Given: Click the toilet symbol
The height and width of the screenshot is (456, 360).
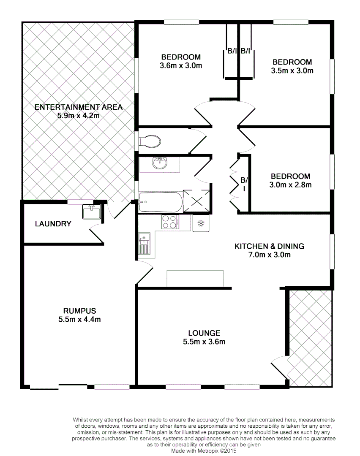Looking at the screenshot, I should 150,141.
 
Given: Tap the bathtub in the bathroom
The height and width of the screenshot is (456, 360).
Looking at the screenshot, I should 161,202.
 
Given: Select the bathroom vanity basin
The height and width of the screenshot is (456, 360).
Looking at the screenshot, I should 160,163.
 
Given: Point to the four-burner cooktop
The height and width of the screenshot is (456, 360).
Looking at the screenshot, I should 170,222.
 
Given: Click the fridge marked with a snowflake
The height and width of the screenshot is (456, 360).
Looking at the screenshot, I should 201,223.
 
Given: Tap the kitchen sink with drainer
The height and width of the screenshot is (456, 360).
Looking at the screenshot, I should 144,244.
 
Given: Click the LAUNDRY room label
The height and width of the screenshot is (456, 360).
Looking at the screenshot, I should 53,224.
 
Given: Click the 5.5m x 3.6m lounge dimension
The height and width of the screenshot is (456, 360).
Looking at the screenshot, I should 204,342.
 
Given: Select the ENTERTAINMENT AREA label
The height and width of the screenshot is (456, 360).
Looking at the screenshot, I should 79,107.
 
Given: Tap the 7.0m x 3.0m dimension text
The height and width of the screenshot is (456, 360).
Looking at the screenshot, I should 269,255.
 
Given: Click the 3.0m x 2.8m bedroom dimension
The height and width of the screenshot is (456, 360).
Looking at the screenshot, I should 290,185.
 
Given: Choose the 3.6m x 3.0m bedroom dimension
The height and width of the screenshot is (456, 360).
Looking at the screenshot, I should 181,65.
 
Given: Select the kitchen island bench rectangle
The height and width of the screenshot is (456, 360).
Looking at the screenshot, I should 195,278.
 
